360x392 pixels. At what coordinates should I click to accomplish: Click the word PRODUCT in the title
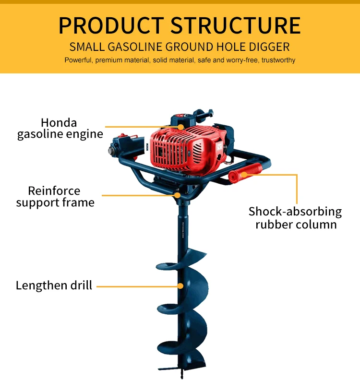coord(111,25)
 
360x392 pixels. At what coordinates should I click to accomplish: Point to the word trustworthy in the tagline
coord(278,60)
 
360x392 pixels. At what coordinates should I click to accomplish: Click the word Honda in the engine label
coord(59,123)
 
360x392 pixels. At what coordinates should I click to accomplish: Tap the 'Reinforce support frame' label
coord(55,197)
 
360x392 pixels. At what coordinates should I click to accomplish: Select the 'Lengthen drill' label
coord(54,285)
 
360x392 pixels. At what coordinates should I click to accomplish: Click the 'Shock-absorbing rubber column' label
coord(295,218)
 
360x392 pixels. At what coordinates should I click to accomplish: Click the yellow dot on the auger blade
coord(180,286)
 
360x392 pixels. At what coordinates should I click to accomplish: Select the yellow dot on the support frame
coord(178,195)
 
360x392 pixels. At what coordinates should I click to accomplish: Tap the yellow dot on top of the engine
coord(181,127)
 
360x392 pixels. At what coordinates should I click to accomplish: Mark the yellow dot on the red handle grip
coord(244,174)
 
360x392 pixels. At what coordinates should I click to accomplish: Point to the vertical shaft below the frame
coord(184,226)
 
